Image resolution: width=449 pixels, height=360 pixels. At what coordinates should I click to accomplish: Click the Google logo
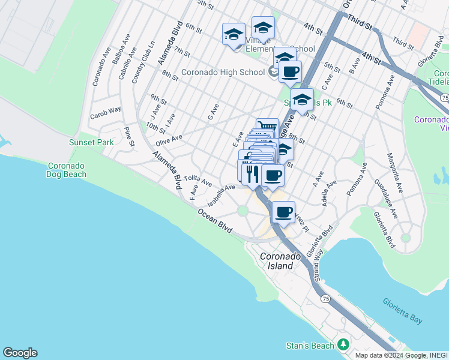[x=20, y=353]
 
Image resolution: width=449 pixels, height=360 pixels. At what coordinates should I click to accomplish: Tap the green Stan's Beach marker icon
[x=343, y=345]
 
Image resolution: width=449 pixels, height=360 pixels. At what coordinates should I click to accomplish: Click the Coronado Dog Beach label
[x=67, y=170]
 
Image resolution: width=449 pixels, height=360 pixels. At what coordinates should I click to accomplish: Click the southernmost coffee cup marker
[x=283, y=211]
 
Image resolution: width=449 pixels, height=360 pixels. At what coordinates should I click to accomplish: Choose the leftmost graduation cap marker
[x=234, y=34]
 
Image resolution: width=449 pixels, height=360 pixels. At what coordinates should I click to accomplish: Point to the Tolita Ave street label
[x=198, y=179]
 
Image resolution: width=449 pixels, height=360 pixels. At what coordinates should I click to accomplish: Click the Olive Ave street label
[x=169, y=139]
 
